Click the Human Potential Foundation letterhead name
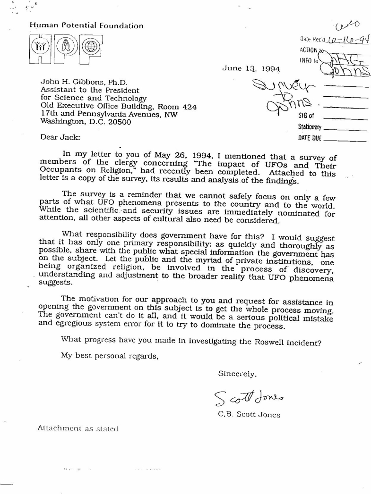pos(86,25)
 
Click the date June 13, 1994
pos(250,68)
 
